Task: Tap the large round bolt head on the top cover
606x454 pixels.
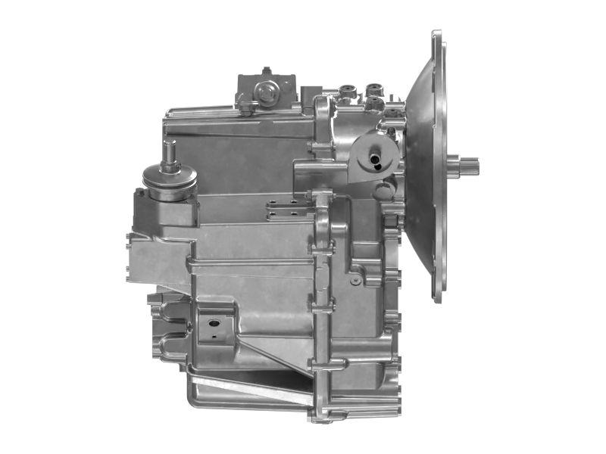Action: tap(266, 93)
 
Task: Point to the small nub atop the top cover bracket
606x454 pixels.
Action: tap(266, 72)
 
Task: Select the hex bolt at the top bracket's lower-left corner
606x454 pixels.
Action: tap(246, 110)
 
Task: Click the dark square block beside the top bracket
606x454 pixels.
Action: tap(310, 95)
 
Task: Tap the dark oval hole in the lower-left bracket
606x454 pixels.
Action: tap(214, 323)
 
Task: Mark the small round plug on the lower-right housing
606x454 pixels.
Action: tap(355, 280)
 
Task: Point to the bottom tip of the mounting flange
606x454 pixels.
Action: tap(437, 299)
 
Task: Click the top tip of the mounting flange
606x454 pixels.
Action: tap(436, 33)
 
